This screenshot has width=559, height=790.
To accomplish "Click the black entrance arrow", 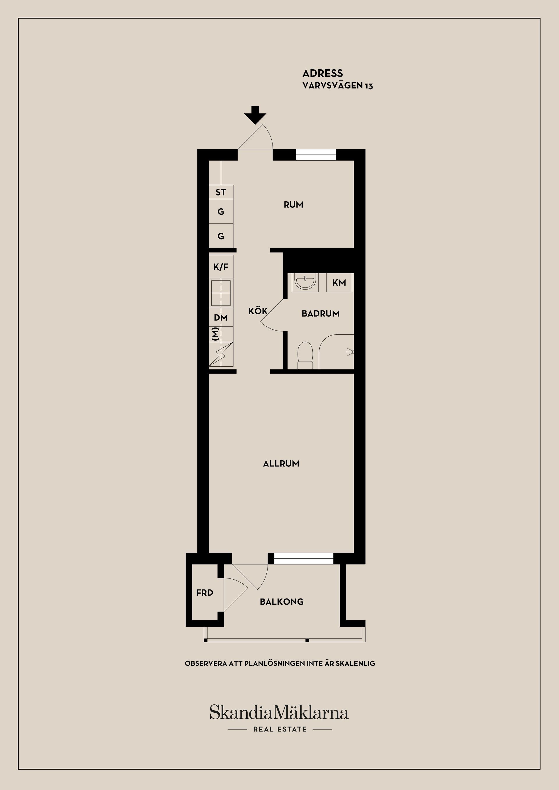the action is [x=255, y=115].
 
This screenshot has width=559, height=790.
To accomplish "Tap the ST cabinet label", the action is [x=221, y=192].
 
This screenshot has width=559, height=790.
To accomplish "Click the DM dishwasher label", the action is [x=221, y=317].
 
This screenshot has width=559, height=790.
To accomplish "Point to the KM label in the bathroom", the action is [x=339, y=283].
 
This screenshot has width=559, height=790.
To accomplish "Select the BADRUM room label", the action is [x=321, y=313].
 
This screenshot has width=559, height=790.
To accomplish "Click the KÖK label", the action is [x=258, y=311].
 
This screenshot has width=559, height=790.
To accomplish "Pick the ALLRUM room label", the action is [x=281, y=464].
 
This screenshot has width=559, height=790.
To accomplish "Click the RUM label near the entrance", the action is [x=293, y=205].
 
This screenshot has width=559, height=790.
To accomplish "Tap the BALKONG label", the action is [x=282, y=602].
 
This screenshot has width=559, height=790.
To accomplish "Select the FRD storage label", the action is [x=205, y=593].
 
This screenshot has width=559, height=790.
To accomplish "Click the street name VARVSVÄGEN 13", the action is [x=338, y=86].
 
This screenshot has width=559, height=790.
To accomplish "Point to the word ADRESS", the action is [x=323, y=73].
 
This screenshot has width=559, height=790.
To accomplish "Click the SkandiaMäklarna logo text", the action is [x=279, y=713].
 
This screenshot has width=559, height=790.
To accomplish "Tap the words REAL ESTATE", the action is [x=280, y=729].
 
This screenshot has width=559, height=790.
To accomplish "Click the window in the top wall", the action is [x=316, y=155].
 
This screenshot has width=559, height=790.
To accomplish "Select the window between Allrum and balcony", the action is [x=304, y=558].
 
